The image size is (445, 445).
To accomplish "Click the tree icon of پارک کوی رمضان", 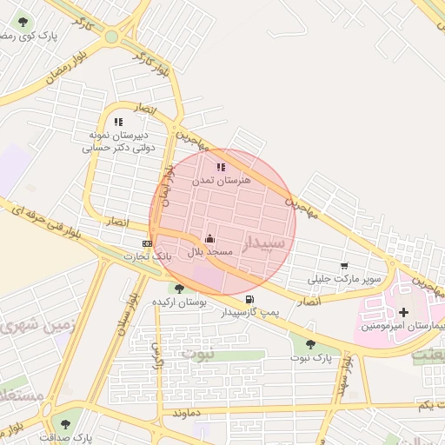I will (x=23, y=23).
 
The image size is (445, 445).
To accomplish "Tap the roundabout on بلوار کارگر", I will (x=111, y=37).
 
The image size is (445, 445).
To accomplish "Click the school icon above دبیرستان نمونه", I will (x=118, y=123).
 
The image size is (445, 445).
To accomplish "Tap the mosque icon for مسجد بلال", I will (x=209, y=237).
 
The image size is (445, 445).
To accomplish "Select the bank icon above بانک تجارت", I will (x=147, y=243).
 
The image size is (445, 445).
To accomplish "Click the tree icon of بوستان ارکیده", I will (x=179, y=289).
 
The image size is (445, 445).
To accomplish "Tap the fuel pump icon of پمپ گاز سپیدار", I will (x=250, y=299).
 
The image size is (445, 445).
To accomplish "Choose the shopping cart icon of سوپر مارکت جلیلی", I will (x=344, y=266).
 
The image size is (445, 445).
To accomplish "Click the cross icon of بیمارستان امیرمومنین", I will (x=402, y=311).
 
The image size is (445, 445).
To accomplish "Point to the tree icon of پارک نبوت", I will (x=310, y=344).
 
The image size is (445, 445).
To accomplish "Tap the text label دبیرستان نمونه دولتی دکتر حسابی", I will (x=116, y=142).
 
